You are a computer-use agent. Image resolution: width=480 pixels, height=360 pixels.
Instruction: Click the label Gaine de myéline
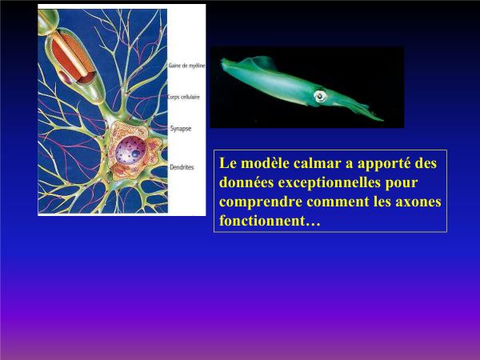coord(186,66)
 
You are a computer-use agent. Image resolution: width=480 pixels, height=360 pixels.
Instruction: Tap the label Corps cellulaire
coord(184,97)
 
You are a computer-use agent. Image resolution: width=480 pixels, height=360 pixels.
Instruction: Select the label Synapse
coord(181,129)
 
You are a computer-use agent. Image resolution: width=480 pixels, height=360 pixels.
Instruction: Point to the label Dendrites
coord(182,167)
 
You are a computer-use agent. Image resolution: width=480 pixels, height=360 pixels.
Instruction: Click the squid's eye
coord(320,97)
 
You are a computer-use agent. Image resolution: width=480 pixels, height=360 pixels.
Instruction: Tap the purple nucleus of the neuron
coord(130,150)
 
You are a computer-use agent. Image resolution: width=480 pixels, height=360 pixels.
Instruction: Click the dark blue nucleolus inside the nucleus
coord(136,154)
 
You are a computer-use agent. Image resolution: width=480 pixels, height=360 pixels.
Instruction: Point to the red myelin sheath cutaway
coord(72,58)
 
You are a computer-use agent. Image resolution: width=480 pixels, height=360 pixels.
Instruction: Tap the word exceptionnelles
coord(329,182)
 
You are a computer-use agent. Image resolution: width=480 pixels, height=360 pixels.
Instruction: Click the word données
coord(246,182)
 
